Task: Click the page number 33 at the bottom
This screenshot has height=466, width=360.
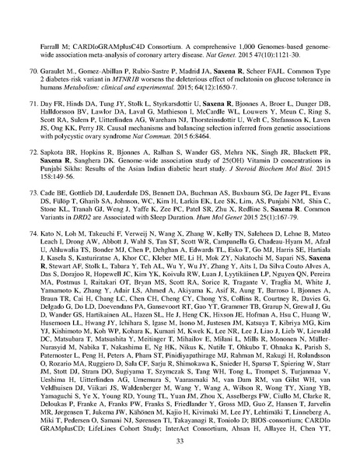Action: point(180,441)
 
